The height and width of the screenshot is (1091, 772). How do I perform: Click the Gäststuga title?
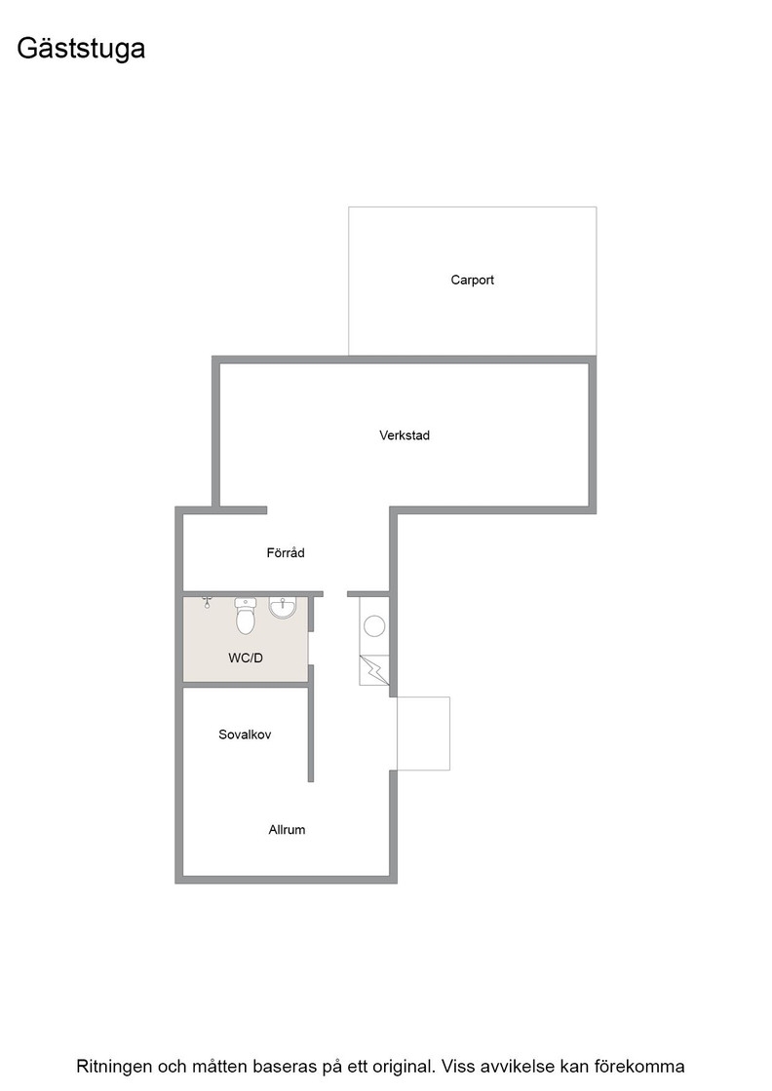pos(81,49)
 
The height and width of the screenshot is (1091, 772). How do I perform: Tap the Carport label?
pos(472,280)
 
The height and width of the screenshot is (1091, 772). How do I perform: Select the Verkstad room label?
pos(405,435)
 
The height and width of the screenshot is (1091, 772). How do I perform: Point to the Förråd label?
pos(286,552)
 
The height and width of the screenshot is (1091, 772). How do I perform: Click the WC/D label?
pos(246,658)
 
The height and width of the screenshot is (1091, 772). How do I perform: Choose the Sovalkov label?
pos(245,734)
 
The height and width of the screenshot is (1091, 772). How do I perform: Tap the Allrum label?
pos(287,829)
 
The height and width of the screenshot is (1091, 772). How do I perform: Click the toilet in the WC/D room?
pos(245,616)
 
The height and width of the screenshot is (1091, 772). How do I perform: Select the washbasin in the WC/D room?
pos(283,608)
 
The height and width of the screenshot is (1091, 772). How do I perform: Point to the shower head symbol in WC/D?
pos(207,602)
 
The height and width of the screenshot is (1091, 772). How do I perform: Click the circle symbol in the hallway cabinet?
pos(374,625)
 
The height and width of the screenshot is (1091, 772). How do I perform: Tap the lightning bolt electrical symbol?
pos(374,670)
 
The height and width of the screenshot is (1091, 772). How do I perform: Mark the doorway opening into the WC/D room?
pos(311,649)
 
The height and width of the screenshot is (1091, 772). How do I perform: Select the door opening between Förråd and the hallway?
pos(335,593)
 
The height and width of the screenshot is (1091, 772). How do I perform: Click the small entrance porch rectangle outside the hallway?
pos(423,734)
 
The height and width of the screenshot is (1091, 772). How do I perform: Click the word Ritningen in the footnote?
pos(115,1067)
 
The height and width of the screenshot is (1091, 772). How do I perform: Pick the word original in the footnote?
pos(404,1067)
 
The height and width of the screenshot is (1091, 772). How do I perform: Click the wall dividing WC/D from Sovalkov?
pos(246,685)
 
